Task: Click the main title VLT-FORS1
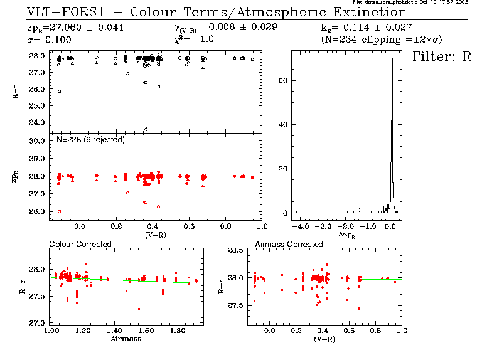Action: tap(63, 12)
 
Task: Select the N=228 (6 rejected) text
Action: tap(90, 139)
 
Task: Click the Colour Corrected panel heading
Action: tap(80, 244)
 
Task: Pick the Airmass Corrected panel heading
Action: tap(289, 244)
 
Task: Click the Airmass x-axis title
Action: tap(126, 339)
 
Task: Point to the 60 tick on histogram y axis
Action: tap(283, 81)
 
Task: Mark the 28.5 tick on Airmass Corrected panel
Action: tap(235, 250)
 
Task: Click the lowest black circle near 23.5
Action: tap(146, 129)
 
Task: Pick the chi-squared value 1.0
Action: tap(207, 40)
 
